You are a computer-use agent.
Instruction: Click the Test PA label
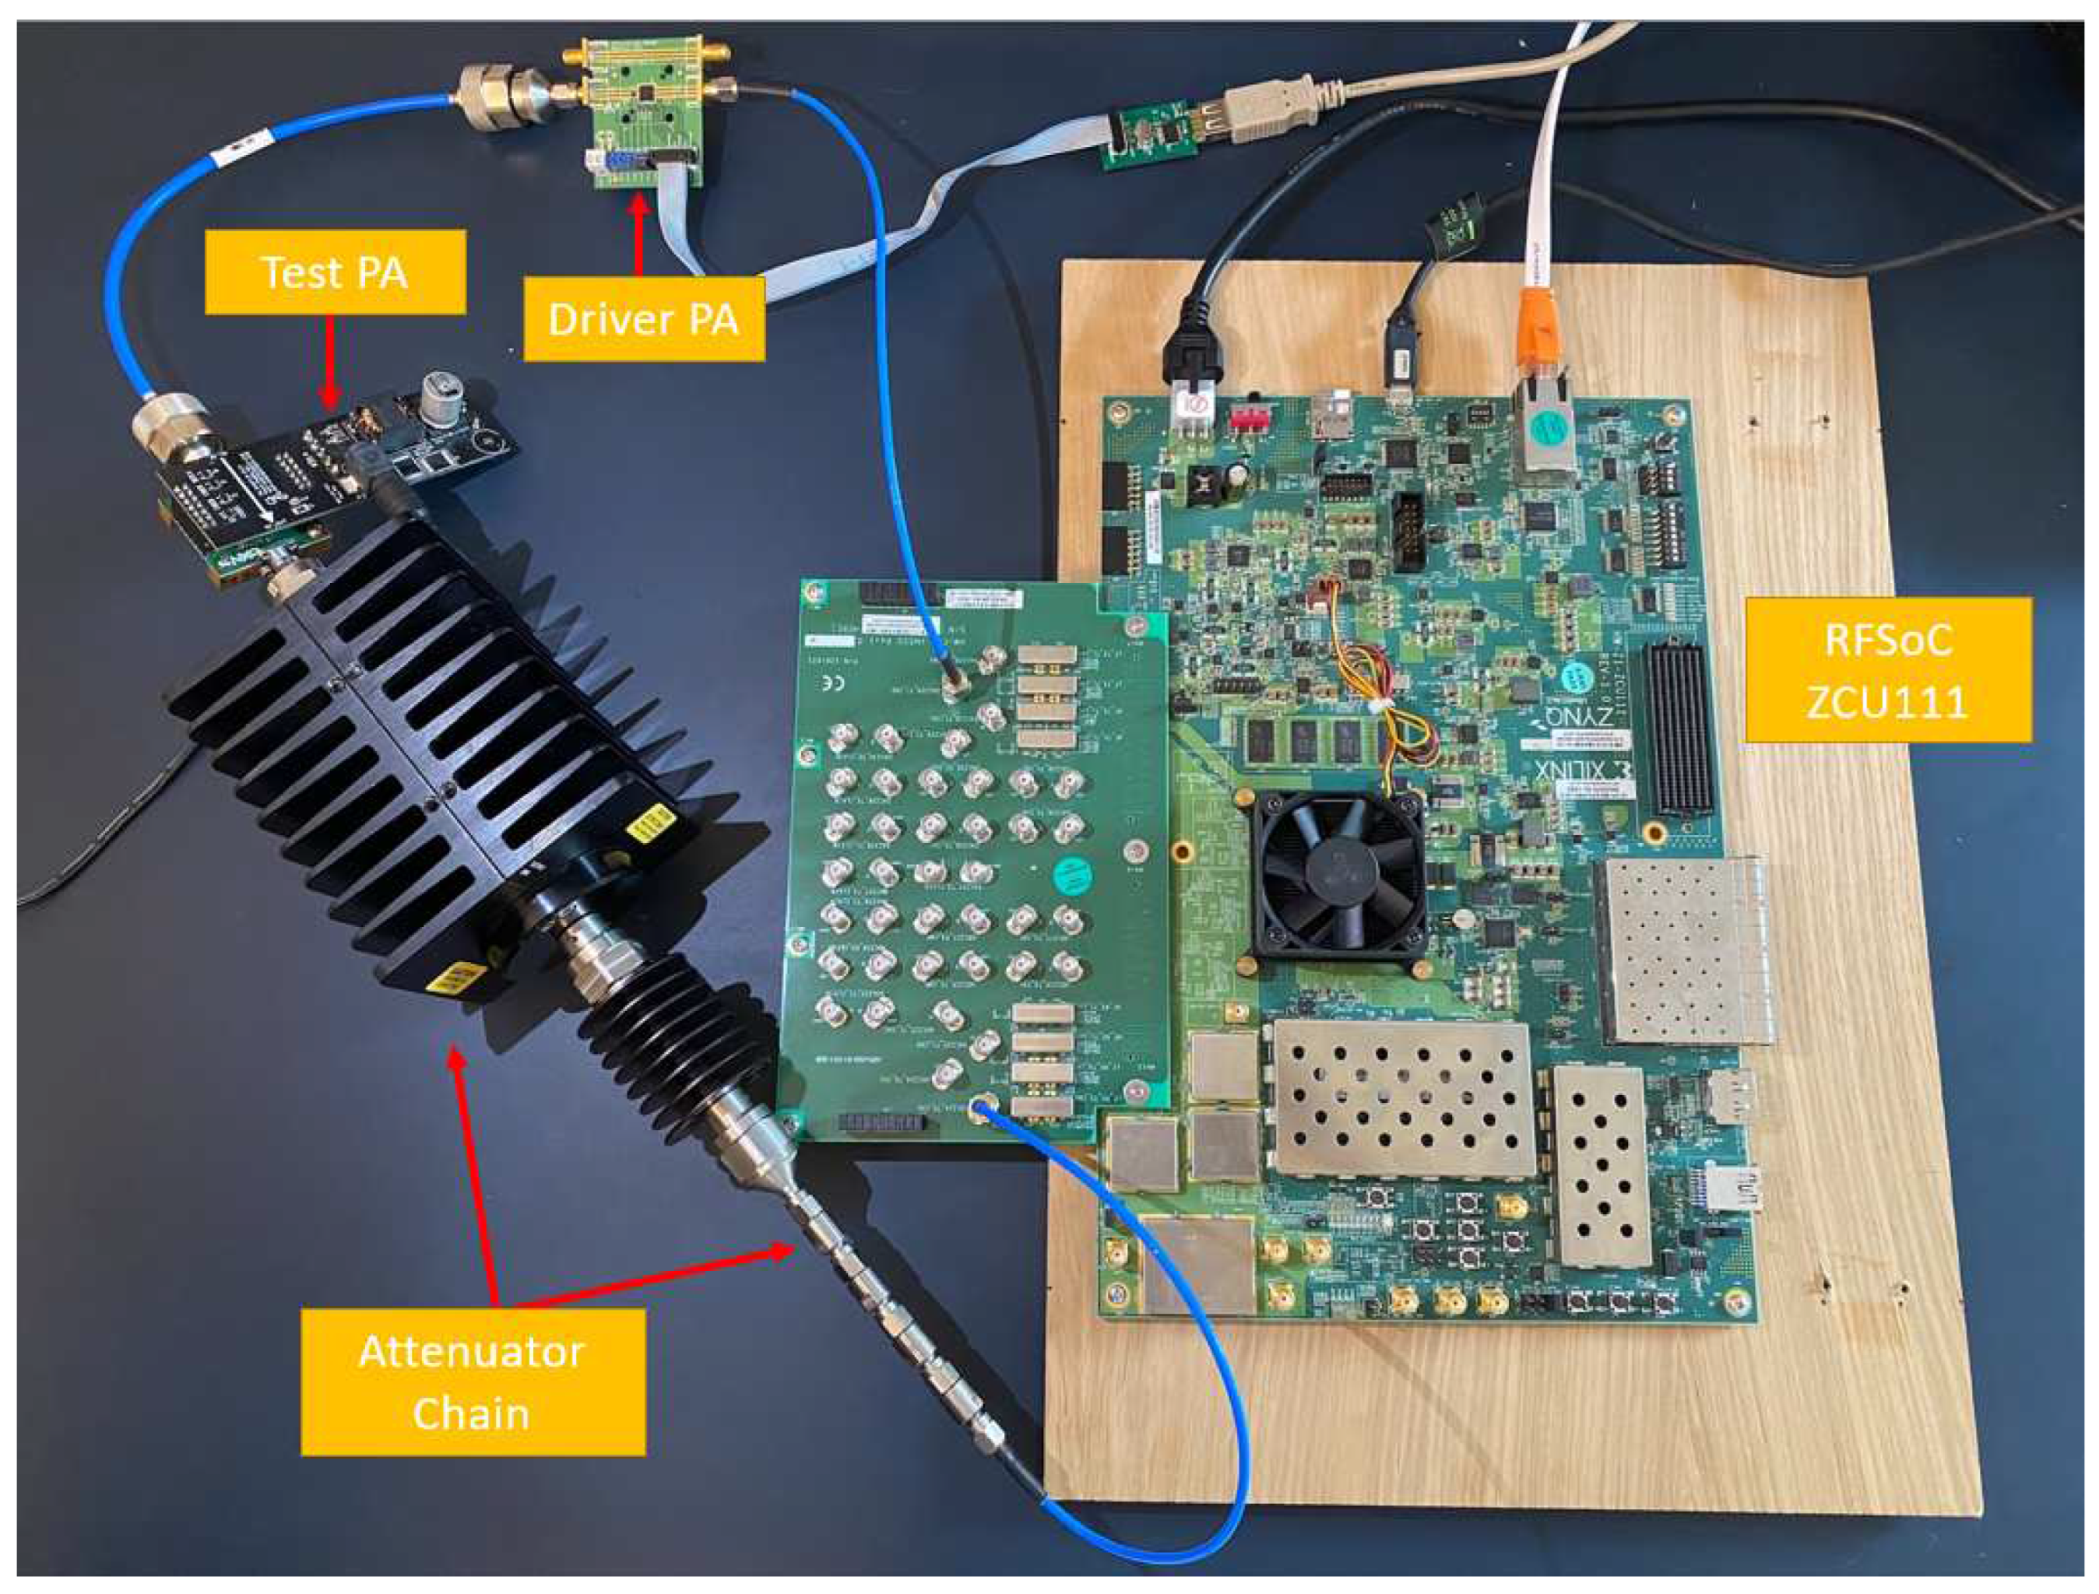pyautogui.click(x=335, y=272)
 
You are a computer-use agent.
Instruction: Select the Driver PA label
pyautogui.click(x=643, y=319)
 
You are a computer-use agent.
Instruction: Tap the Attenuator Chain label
pyautogui.click(x=473, y=1382)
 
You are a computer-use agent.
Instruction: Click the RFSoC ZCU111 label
pyautogui.click(x=1887, y=671)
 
